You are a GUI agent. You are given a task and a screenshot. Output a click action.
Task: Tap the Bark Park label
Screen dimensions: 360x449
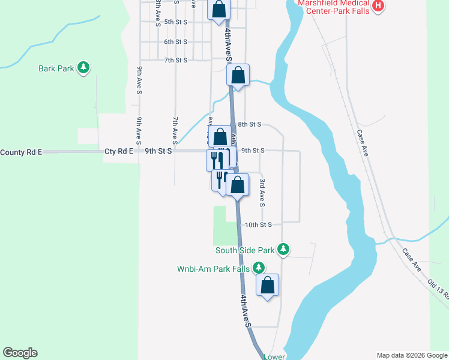click(56, 68)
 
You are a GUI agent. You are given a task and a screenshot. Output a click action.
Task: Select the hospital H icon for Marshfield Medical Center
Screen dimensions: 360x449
click(378, 6)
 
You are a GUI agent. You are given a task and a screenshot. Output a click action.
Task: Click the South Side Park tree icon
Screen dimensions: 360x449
click(285, 250)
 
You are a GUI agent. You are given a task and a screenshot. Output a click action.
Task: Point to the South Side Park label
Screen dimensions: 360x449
click(245, 250)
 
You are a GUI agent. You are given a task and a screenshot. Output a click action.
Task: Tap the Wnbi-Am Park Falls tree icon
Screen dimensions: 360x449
click(259, 268)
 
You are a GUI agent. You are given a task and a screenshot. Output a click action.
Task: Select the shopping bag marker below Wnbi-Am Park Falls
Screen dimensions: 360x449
click(268, 286)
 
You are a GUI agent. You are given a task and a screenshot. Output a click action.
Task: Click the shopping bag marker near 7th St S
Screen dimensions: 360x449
click(238, 76)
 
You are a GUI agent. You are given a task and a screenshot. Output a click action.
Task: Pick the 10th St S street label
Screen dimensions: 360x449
click(259, 224)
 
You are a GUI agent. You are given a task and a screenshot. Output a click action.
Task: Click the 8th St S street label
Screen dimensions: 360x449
click(249, 124)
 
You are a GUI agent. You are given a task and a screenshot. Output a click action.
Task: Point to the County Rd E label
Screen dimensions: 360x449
click(21, 152)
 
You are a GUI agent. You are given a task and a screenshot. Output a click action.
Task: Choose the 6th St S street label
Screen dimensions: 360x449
click(176, 41)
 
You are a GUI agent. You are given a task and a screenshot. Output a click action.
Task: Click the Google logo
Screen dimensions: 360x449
click(20, 353)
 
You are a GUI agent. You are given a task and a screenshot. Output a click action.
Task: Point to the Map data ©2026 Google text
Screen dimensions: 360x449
click(411, 355)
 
